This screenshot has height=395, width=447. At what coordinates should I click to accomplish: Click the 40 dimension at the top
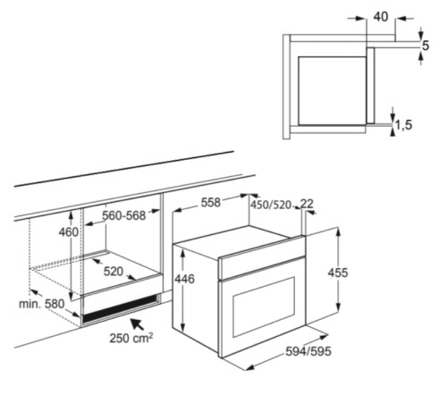pyautogui.click(x=381, y=17)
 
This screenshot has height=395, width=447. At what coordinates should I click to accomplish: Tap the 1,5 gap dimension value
pyautogui.click(x=404, y=125)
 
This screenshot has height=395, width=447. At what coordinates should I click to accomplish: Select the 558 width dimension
pyautogui.click(x=210, y=203)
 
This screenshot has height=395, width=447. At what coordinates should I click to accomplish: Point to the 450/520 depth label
pyautogui.click(x=271, y=205)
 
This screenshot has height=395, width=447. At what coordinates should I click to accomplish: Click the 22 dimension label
pyautogui.click(x=307, y=204)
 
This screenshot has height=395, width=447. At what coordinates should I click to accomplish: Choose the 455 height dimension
pyautogui.click(x=338, y=273)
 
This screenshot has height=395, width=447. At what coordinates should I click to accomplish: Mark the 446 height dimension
pyautogui.click(x=184, y=279)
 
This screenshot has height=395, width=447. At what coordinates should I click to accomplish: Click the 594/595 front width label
pyautogui.click(x=308, y=351)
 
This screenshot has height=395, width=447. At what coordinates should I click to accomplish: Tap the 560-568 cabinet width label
pyautogui.click(x=123, y=215)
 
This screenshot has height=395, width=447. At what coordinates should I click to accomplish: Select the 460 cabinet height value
pyautogui.click(x=69, y=232)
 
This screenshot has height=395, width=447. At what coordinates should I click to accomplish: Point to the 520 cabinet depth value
pyautogui.click(x=114, y=272)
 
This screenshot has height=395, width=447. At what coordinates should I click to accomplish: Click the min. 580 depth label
pyautogui.click(x=42, y=304)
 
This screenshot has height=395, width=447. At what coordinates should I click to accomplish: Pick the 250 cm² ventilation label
pyautogui.click(x=131, y=338)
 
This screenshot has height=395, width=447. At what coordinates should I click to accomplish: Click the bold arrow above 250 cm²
pyautogui.click(x=138, y=324)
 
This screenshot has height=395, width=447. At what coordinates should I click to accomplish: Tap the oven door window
pyautogui.click(x=264, y=307)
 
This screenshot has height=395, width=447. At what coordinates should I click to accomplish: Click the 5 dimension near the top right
pyautogui.click(x=426, y=46)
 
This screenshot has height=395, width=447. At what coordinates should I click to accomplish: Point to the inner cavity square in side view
pyautogui.click(x=332, y=90)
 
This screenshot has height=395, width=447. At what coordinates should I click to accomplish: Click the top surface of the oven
pyautogui.click(x=239, y=240)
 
